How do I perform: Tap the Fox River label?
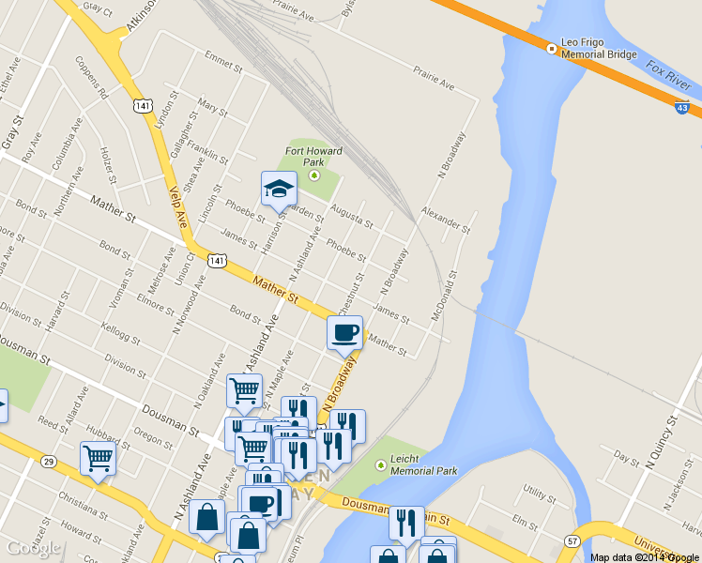click(669, 74)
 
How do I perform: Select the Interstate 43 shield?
click(683, 108)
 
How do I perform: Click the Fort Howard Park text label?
click(313, 156)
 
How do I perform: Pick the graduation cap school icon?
click(279, 190)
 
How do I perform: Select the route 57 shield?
click(572, 540)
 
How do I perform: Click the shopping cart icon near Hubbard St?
click(98, 459)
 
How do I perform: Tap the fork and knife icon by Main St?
click(405, 522)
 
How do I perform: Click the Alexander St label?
click(446, 221)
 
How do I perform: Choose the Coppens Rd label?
click(99, 80)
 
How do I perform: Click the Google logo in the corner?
click(33, 548)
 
